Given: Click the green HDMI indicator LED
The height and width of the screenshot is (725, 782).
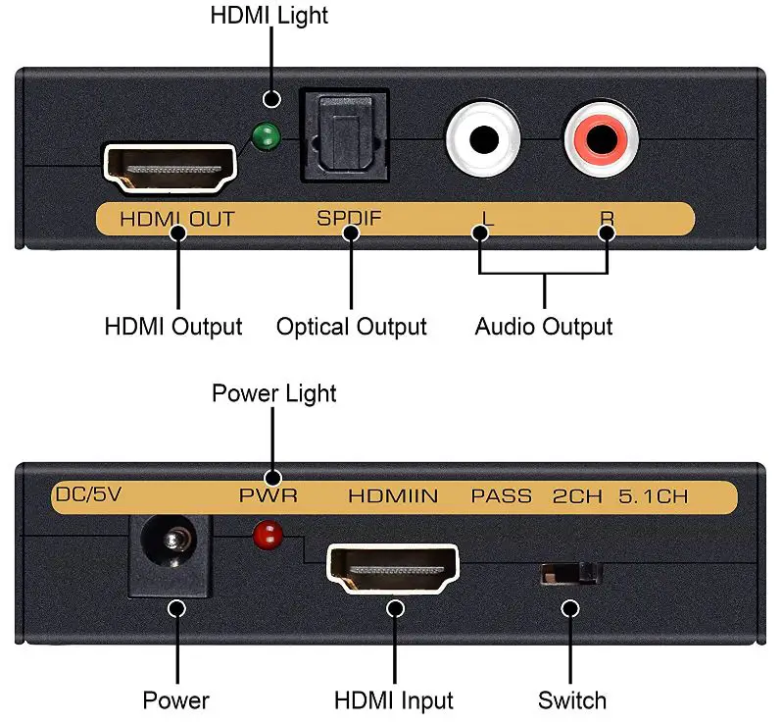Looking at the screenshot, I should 263,139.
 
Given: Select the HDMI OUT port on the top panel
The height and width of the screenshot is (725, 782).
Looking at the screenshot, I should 171,167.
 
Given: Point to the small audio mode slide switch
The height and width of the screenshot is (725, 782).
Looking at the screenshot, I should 571,573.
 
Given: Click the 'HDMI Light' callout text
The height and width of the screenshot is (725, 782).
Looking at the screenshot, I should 269,16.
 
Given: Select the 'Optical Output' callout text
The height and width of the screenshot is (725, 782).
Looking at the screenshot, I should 351,327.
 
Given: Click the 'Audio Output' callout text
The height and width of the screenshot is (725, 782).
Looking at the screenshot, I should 544,327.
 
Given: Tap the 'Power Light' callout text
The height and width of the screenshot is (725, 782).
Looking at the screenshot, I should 274,393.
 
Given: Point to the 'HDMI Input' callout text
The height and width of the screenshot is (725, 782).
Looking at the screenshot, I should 394,700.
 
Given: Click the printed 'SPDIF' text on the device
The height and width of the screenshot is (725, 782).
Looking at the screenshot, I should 349,219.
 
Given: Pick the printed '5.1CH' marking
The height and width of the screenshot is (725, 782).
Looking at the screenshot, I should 653,496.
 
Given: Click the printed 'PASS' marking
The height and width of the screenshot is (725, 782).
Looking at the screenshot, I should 502,496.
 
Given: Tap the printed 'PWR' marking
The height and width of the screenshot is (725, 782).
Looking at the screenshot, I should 268,496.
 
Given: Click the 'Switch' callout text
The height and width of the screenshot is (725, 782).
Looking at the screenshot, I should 571,700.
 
